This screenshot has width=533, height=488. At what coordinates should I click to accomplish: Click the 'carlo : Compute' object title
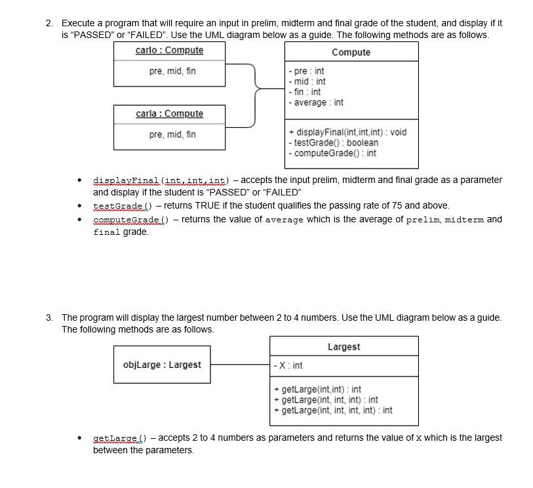[169, 51]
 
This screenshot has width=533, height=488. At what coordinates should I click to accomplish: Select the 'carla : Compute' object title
[169, 114]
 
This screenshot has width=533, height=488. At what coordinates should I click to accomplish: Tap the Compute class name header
[351, 52]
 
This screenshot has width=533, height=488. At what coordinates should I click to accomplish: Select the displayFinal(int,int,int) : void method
[347, 132]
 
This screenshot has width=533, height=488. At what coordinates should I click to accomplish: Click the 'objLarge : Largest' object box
[162, 365]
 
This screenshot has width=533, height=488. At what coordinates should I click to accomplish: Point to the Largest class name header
[344, 347]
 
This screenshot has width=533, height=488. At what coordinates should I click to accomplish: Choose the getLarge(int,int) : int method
[317, 390]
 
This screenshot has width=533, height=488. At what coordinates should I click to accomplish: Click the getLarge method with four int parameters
[333, 411]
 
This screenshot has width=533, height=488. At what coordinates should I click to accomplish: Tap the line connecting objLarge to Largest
[240, 365]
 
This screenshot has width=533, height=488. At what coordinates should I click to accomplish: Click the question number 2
[49, 23]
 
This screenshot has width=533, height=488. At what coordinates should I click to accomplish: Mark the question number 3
[49, 317]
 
